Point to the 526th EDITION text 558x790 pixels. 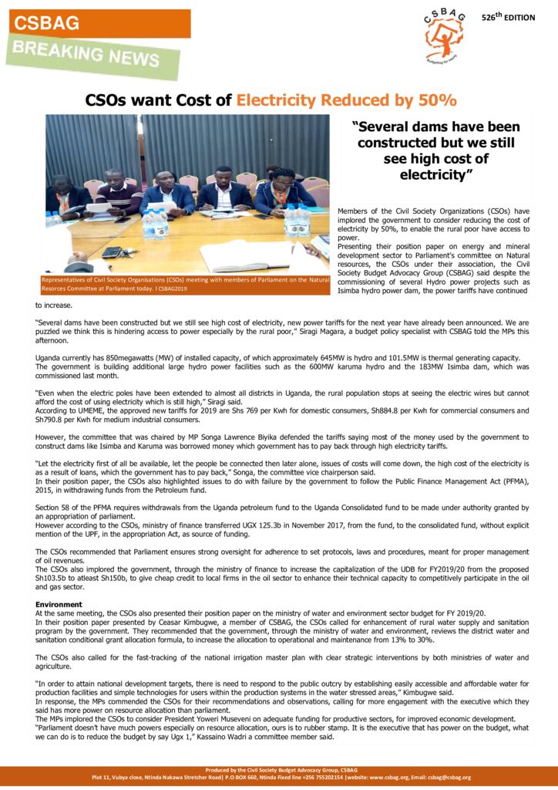coord(508,17)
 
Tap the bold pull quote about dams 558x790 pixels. coord(435,150)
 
